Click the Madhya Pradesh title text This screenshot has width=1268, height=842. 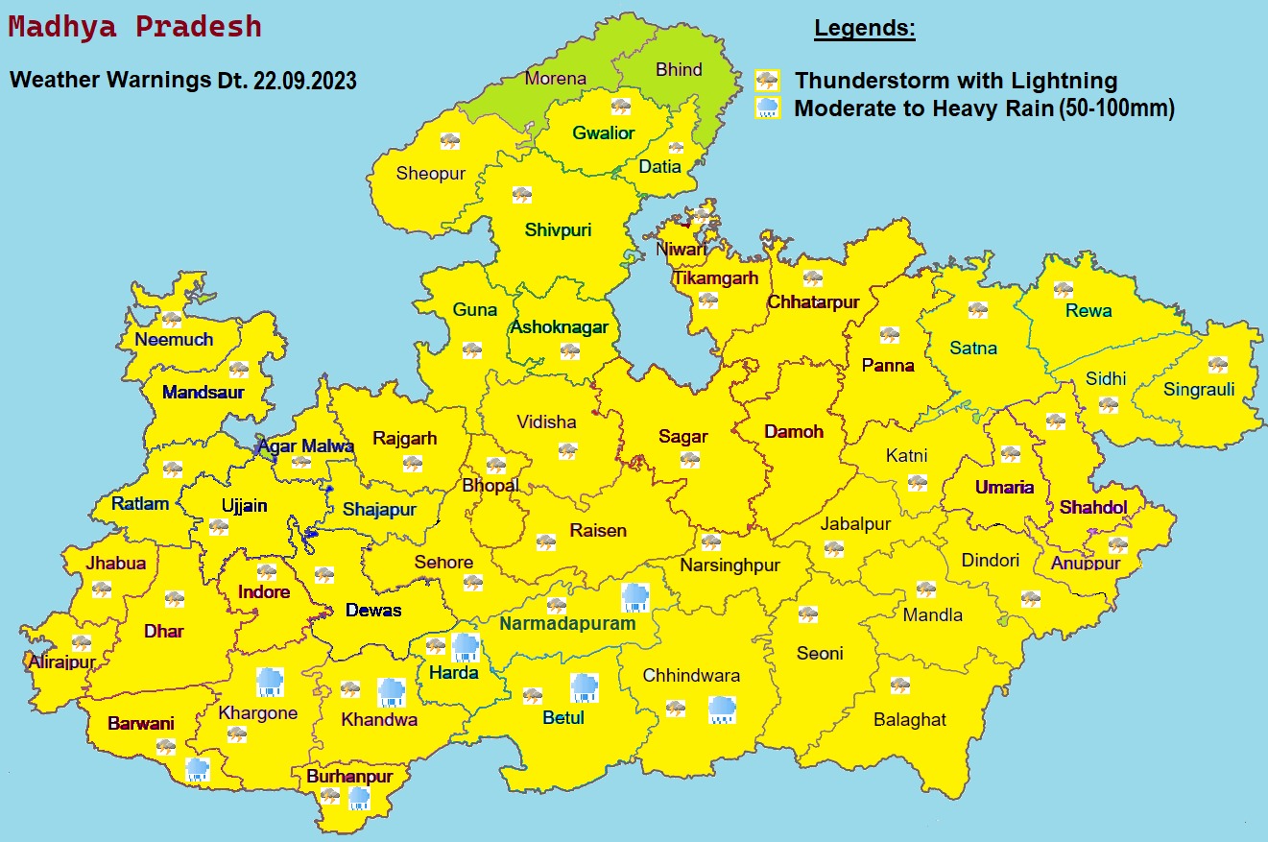click(x=134, y=27)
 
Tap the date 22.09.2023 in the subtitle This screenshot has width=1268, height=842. click(x=305, y=81)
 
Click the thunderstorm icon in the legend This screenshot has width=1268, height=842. click(x=767, y=81)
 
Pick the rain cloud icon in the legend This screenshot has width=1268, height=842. click(x=767, y=108)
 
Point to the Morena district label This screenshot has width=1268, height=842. click(x=555, y=79)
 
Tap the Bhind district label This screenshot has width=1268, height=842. click(x=679, y=69)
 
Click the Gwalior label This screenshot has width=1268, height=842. click(x=604, y=132)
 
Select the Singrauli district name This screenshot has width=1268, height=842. click(x=1199, y=389)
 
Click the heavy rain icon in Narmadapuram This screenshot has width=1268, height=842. click(x=634, y=597)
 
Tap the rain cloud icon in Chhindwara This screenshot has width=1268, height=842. click(x=722, y=710)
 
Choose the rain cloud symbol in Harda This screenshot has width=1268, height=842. click(x=466, y=647)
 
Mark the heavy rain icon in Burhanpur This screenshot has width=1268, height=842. click(x=359, y=798)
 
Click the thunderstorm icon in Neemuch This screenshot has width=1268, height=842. click(x=172, y=320)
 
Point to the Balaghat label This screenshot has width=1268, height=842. click(x=909, y=719)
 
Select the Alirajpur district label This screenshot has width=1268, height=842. click(x=62, y=662)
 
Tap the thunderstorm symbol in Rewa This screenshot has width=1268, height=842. click(x=1063, y=289)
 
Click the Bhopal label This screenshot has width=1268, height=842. click(x=490, y=485)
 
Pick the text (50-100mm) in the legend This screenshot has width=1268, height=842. click(x=1116, y=108)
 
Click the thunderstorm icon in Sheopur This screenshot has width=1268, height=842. click(x=449, y=141)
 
